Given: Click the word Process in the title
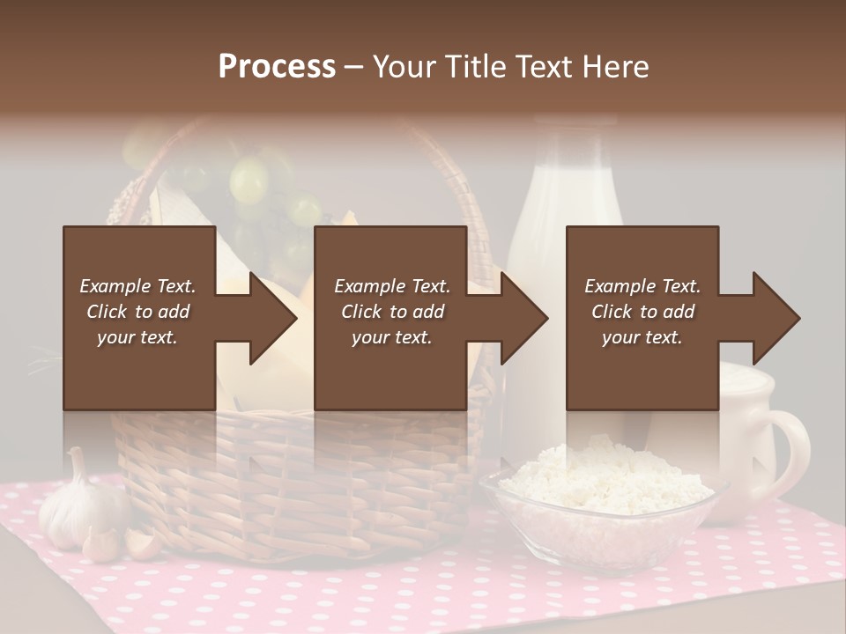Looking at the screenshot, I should [277, 67].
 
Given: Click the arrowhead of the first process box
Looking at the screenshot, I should [274, 319].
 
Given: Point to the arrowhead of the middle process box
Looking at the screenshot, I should [525, 319].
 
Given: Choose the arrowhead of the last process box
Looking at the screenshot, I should [776, 319].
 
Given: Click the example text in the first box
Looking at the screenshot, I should [138, 312].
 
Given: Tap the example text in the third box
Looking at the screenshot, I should [642, 312].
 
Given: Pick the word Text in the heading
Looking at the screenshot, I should [544, 67].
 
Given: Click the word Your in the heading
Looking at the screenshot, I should [404, 67].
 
